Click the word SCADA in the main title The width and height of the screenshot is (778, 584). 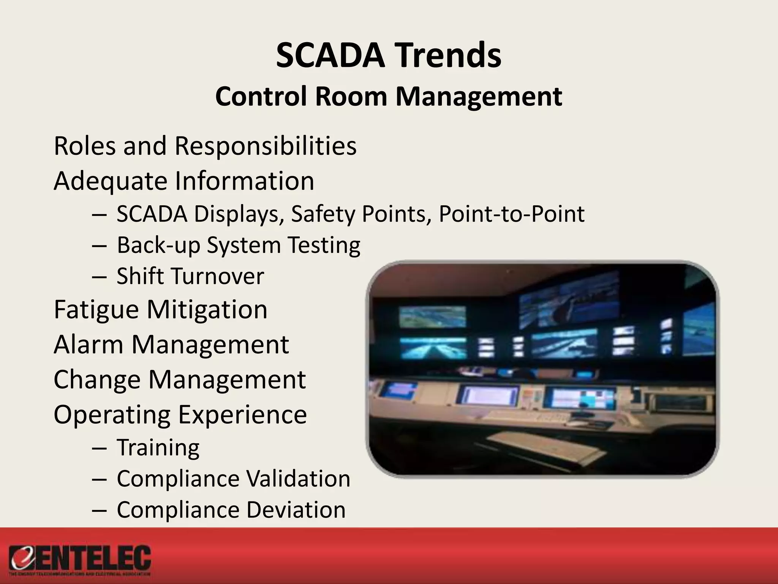329,56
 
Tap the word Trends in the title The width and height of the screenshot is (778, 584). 444,56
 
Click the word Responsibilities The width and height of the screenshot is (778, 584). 265,146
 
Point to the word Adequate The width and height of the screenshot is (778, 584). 110,181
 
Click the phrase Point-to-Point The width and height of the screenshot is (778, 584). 511,214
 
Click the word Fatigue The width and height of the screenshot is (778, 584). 96,309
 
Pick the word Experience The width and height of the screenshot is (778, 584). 242,414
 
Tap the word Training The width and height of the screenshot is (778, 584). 158,448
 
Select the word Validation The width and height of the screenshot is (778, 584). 298,478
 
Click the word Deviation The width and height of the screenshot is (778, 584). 296,510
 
